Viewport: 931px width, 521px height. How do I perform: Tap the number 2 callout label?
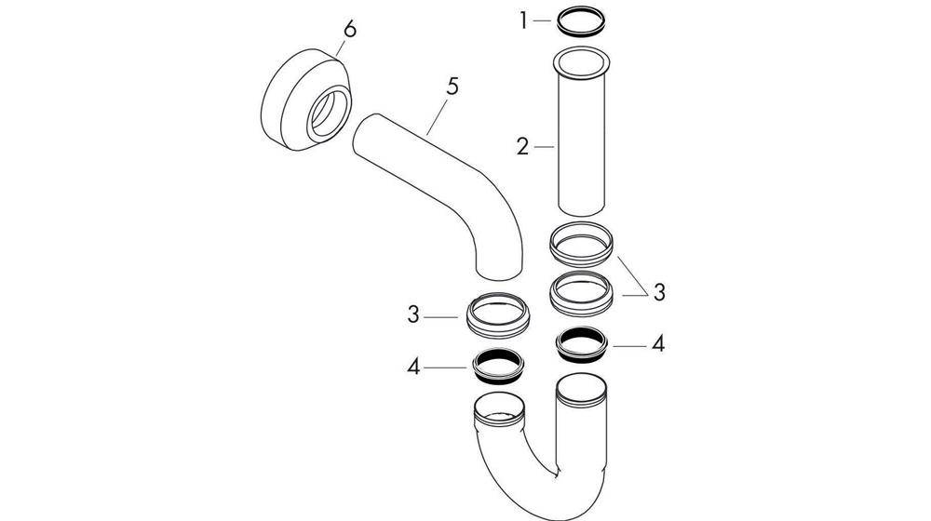pos(523,146)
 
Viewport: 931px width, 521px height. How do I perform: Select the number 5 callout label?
pos(452,87)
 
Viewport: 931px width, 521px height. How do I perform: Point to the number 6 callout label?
pos(349,30)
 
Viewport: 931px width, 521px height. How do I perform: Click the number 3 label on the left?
pos(413,315)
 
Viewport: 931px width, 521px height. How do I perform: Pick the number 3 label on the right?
pos(659,292)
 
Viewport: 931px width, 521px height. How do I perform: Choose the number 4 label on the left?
pos(413,367)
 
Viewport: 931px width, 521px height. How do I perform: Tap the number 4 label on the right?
pos(659,343)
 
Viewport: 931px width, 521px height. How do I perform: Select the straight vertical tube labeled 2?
pos(582,149)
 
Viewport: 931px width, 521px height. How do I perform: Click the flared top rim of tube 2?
pos(582,63)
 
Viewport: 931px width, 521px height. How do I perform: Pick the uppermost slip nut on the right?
pos(582,245)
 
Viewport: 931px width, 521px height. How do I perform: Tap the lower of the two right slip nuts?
pos(582,293)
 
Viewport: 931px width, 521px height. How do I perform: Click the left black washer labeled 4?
pos(499,366)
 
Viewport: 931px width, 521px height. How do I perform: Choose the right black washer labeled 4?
pos(583,343)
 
